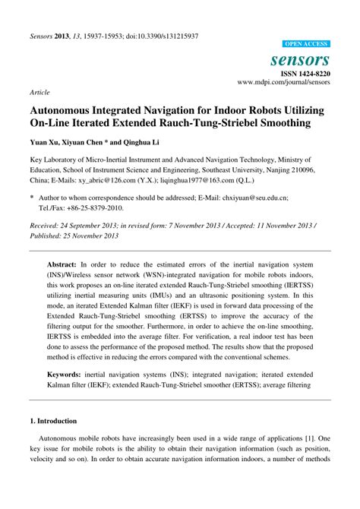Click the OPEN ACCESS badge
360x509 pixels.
point(305,45)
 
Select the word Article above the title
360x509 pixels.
point(39,92)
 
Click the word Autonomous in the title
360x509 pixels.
point(69,109)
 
